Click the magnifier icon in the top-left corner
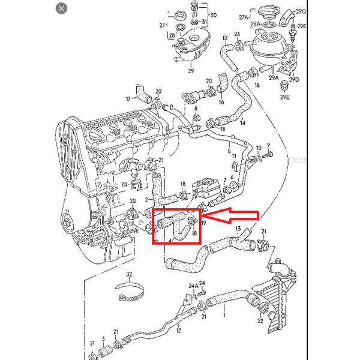61,9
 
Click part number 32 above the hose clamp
129,274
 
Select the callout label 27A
244,17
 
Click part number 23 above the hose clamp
238,34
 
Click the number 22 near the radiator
260,322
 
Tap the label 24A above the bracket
193,286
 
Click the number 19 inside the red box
203,223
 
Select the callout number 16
221,103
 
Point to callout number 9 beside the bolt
269,145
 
